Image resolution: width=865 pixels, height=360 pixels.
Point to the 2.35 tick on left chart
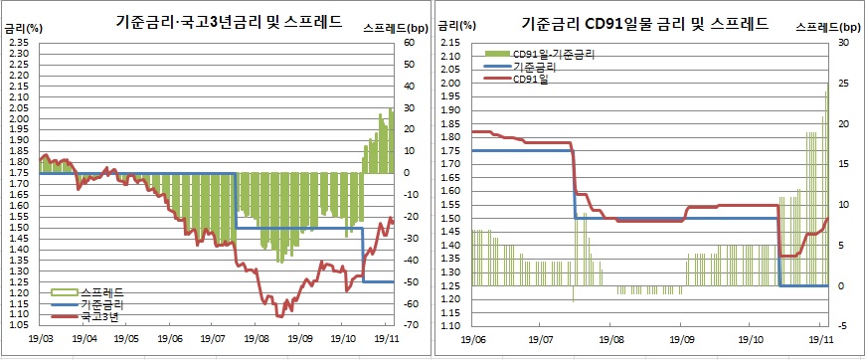(x=20, y=43)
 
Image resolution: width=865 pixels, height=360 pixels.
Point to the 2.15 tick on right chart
(x=448, y=43)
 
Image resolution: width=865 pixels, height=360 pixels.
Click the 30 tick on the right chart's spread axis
(x=844, y=43)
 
